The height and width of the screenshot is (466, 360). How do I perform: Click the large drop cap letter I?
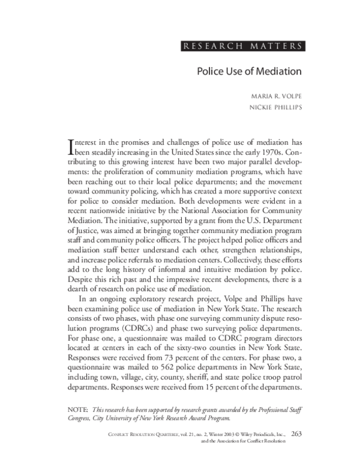tap(71, 147)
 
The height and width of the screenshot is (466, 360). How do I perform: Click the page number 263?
tap(297, 432)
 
